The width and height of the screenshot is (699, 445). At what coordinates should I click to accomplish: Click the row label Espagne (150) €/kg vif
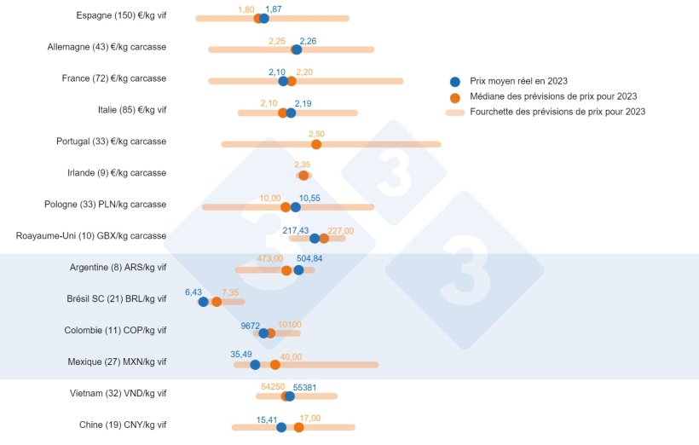tap(121, 15)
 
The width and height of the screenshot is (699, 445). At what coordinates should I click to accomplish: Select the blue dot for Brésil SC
tap(203, 301)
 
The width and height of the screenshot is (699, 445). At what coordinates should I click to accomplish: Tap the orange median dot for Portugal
tap(316, 144)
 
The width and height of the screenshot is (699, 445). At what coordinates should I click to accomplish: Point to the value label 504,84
tap(309, 258)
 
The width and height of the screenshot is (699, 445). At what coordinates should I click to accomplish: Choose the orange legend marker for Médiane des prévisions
tap(454, 96)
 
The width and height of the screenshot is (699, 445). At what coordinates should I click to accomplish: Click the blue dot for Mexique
tap(255, 364)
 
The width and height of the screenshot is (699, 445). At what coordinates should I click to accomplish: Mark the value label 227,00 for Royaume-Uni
tap(340, 230)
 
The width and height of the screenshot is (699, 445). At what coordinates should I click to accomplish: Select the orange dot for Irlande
tap(303, 175)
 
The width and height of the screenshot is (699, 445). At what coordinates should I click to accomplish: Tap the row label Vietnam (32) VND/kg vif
tap(118, 393)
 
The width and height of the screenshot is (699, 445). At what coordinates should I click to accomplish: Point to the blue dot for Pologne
tap(295, 206)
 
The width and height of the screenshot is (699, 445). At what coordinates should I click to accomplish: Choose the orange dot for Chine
tap(298, 426)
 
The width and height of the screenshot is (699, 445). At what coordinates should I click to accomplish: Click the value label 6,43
tap(194, 292)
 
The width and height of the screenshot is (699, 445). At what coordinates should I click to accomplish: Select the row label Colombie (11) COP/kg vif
tap(116, 330)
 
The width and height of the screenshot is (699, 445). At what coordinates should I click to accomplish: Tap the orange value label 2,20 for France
tap(304, 72)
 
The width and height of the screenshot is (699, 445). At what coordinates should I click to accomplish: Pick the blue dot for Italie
tap(291, 113)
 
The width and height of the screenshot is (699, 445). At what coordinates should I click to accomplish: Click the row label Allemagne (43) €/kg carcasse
tap(107, 47)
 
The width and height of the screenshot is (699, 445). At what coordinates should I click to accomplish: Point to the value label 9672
tap(251, 325)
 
